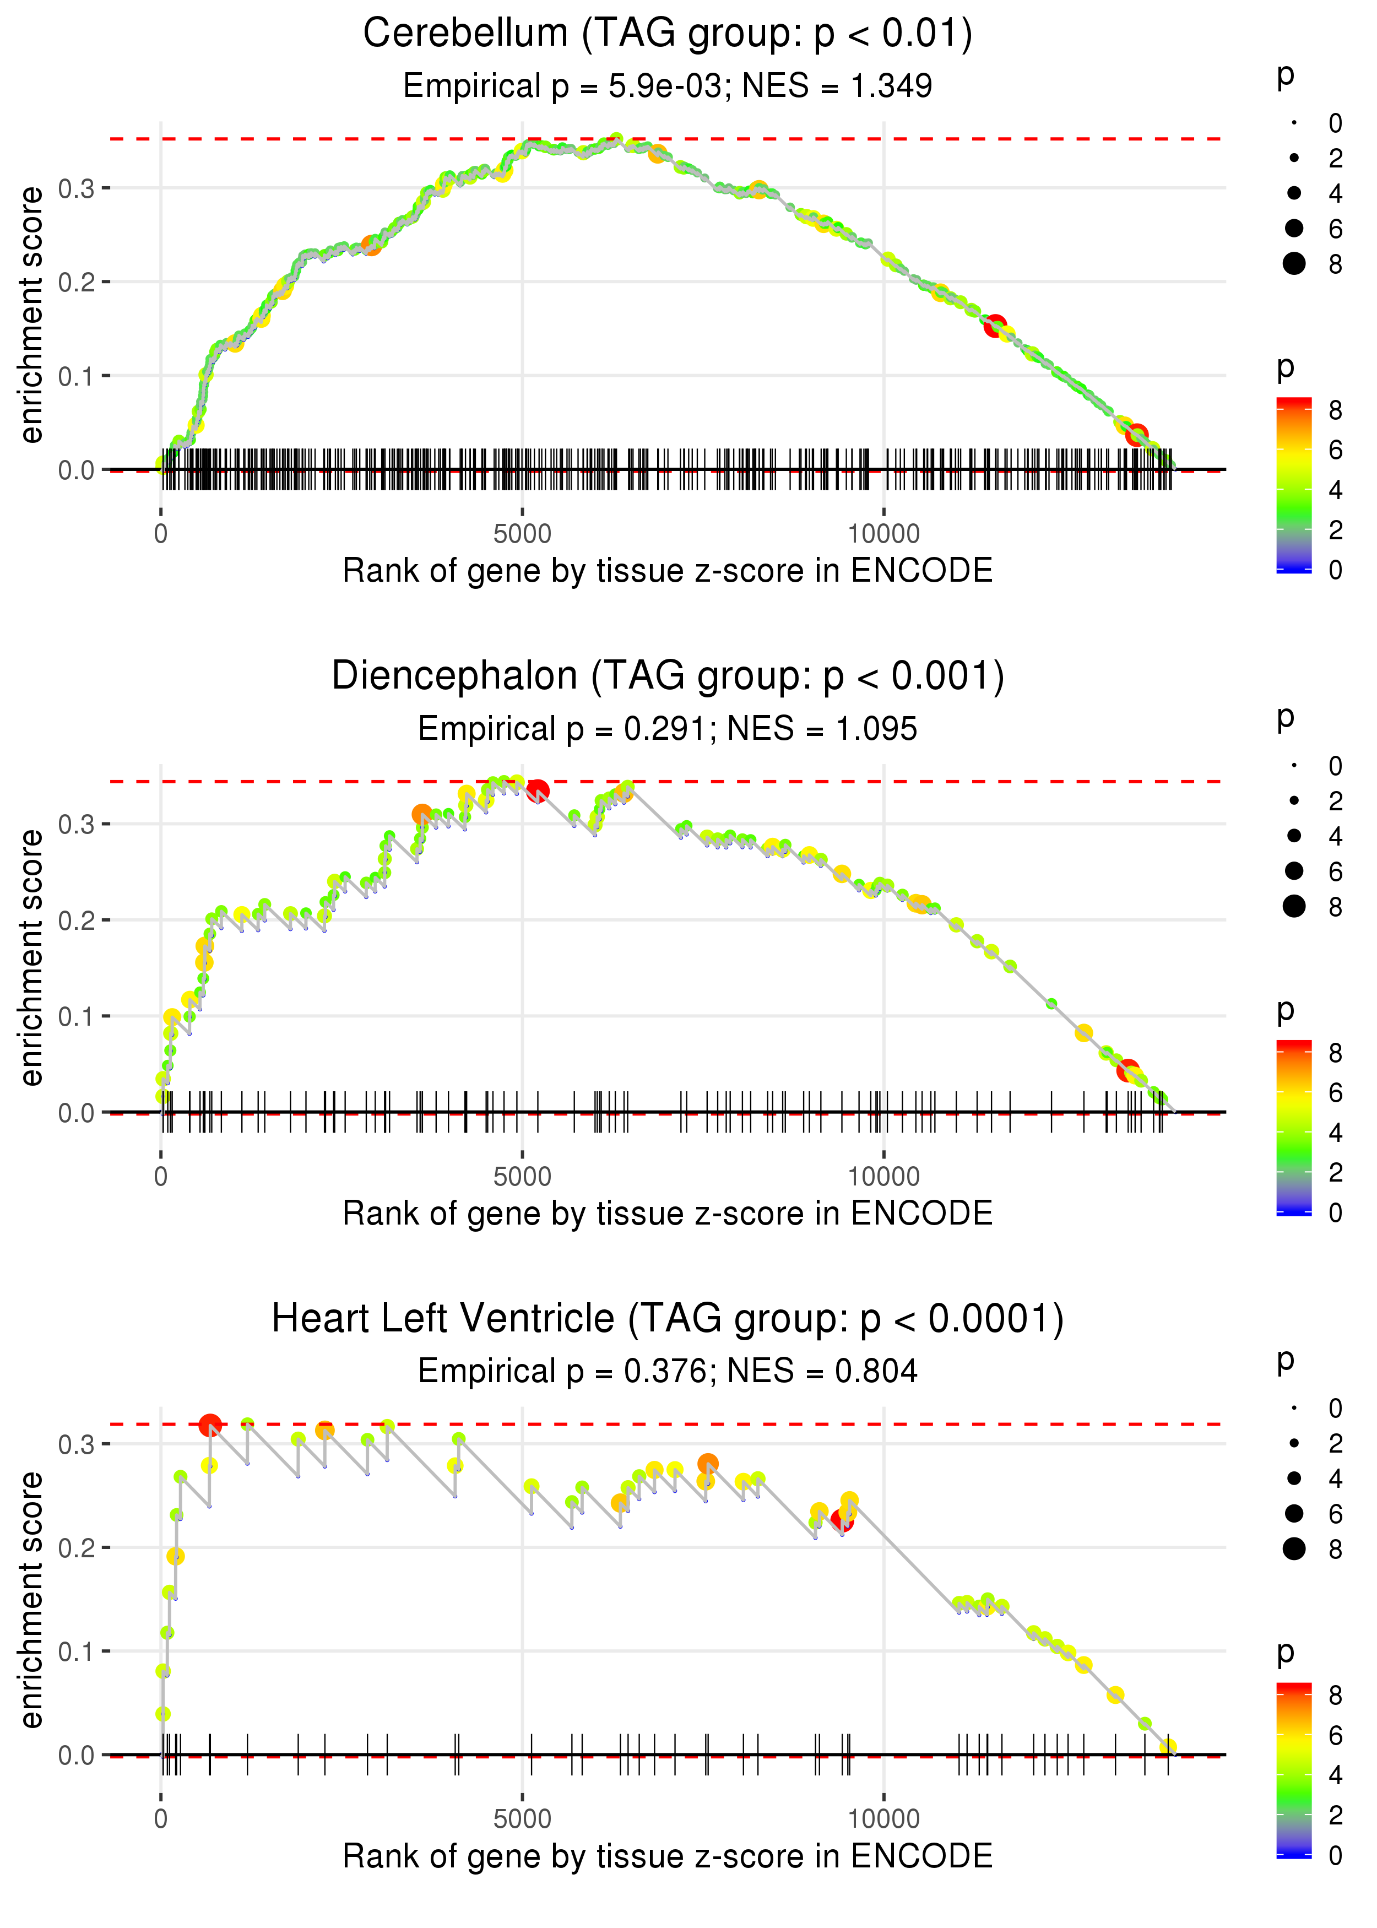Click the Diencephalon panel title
[x=668, y=676]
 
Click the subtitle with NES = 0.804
[x=668, y=1372]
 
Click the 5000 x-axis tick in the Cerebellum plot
[x=522, y=534]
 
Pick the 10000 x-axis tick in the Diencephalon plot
[x=883, y=1177]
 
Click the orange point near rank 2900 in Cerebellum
[x=371, y=246]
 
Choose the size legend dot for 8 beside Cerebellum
[x=1294, y=264]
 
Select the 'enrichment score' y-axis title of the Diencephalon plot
[x=32, y=958]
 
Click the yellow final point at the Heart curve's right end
[x=1168, y=1747]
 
